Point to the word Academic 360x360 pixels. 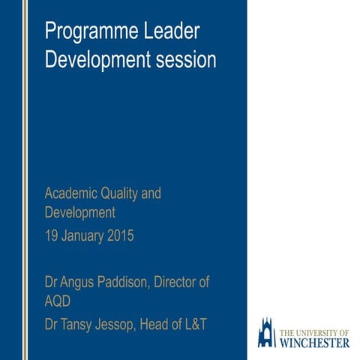click(69, 193)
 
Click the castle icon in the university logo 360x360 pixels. click(266, 332)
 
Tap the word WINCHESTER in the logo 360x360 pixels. click(314, 343)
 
